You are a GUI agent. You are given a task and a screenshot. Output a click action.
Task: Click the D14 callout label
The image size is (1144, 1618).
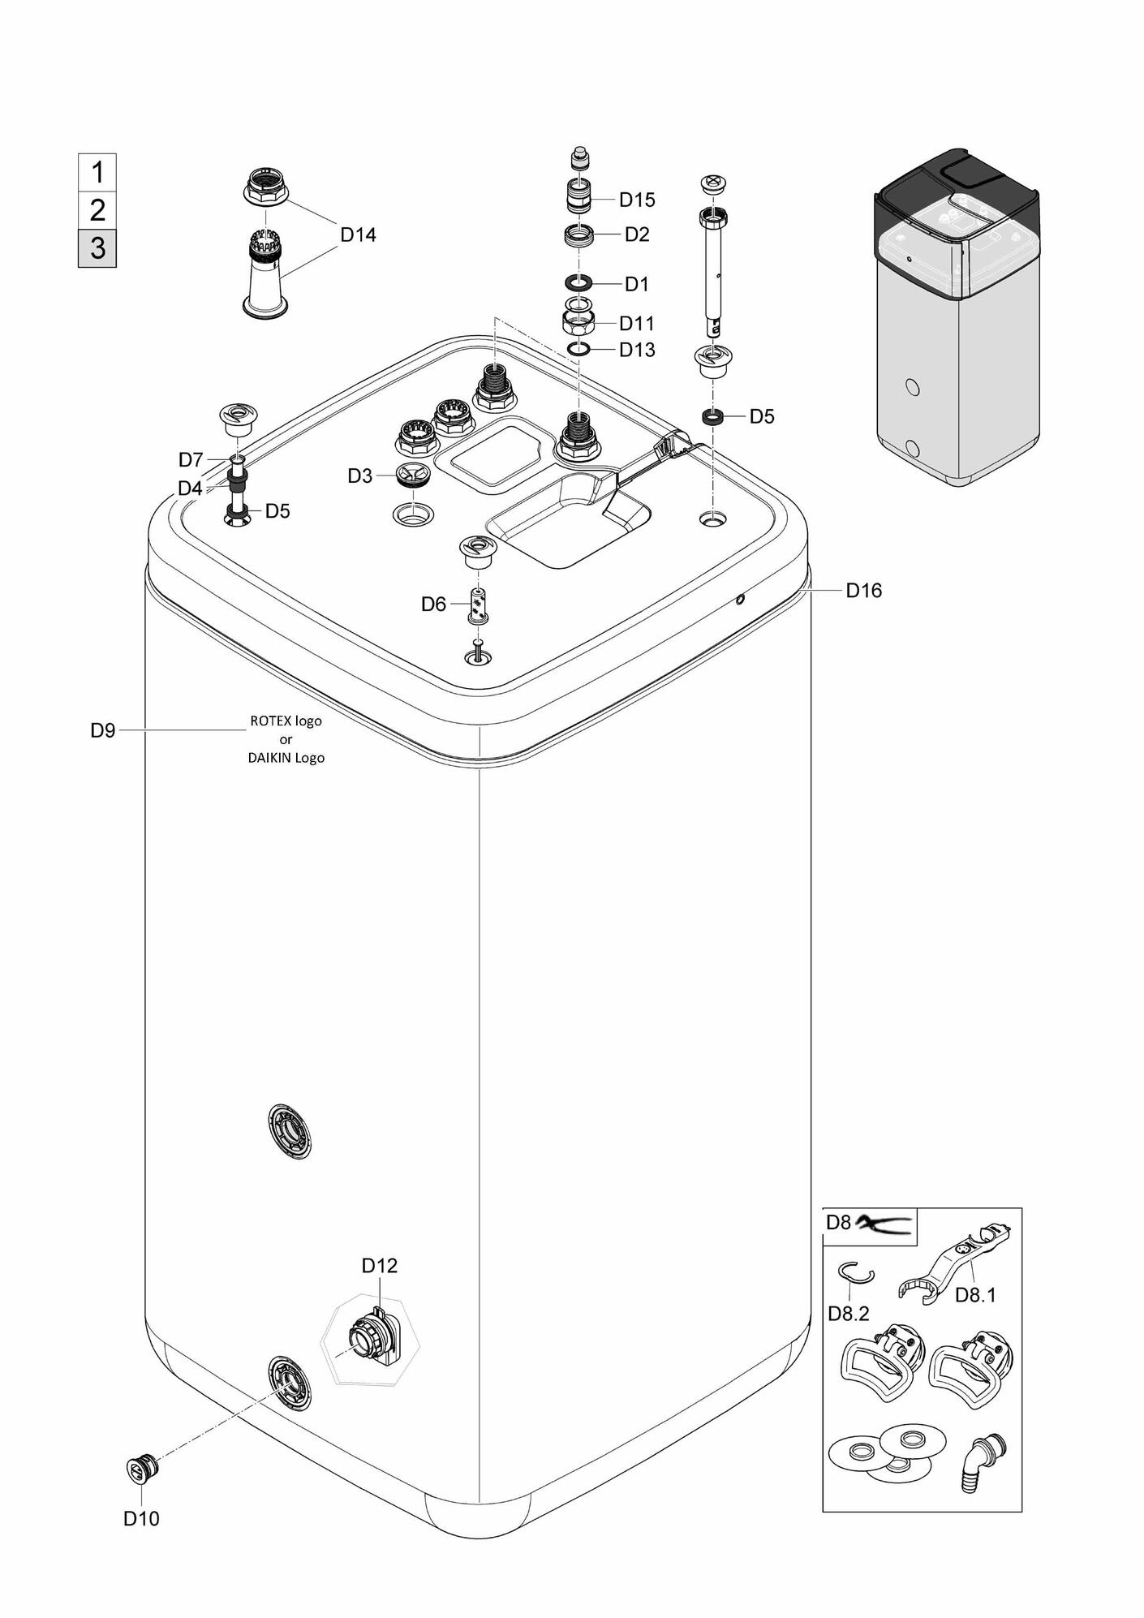[x=358, y=235]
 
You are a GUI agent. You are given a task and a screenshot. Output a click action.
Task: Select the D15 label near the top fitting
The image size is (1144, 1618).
[x=636, y=200]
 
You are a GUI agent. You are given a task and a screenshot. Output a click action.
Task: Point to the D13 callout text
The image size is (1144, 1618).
[x=636, y=351]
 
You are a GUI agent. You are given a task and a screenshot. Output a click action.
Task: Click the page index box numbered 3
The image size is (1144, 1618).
[x=97, y=247]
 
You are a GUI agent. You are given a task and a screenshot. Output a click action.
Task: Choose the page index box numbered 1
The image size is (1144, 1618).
[x=97, y=173]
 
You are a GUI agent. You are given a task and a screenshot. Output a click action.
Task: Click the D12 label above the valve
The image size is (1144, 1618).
[x=380, y=1265]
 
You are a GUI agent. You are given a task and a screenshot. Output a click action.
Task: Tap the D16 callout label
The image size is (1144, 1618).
[x=863, y=591]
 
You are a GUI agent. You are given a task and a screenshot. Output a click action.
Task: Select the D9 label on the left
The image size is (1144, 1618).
[x=103, y=731]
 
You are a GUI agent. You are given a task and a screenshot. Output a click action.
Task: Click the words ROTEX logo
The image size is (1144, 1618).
[x=286, y=721]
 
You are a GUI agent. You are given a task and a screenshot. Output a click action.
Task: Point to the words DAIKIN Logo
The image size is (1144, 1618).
[x=286, y=758]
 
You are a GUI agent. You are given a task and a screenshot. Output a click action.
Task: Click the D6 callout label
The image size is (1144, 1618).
[x=433, y=605]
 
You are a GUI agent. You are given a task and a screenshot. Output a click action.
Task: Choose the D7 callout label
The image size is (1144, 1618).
[x=191, y=461]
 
